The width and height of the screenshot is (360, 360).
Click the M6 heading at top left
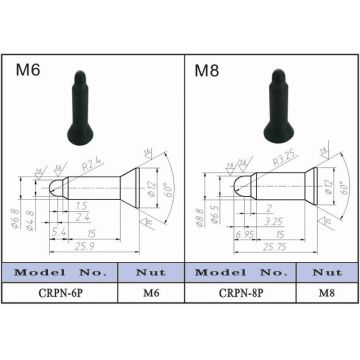tap(28, 72)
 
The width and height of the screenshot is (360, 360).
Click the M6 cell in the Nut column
tap(150, 293)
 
